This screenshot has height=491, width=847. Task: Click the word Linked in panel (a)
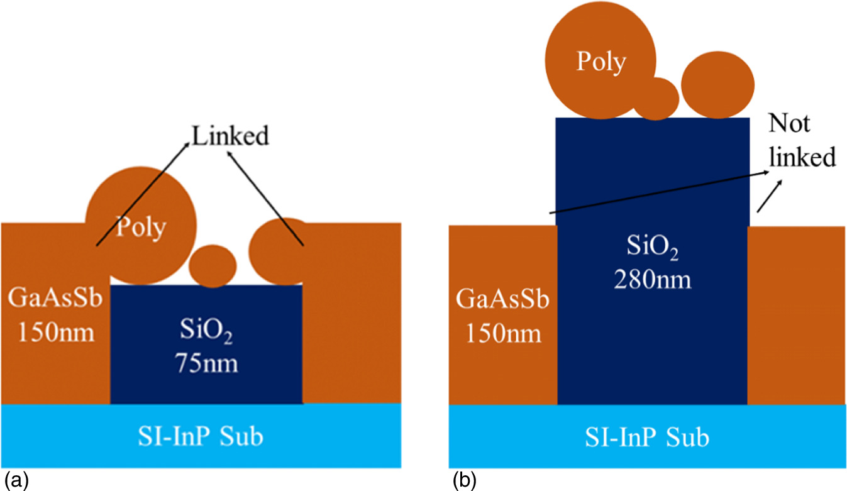pos(230,136)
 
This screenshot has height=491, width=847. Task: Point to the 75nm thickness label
pos(206,363)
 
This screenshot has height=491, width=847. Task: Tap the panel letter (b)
pos(464,480)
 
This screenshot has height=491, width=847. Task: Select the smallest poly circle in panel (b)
pos(656,99)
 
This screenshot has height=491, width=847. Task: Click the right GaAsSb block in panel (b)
pos(796,314)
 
